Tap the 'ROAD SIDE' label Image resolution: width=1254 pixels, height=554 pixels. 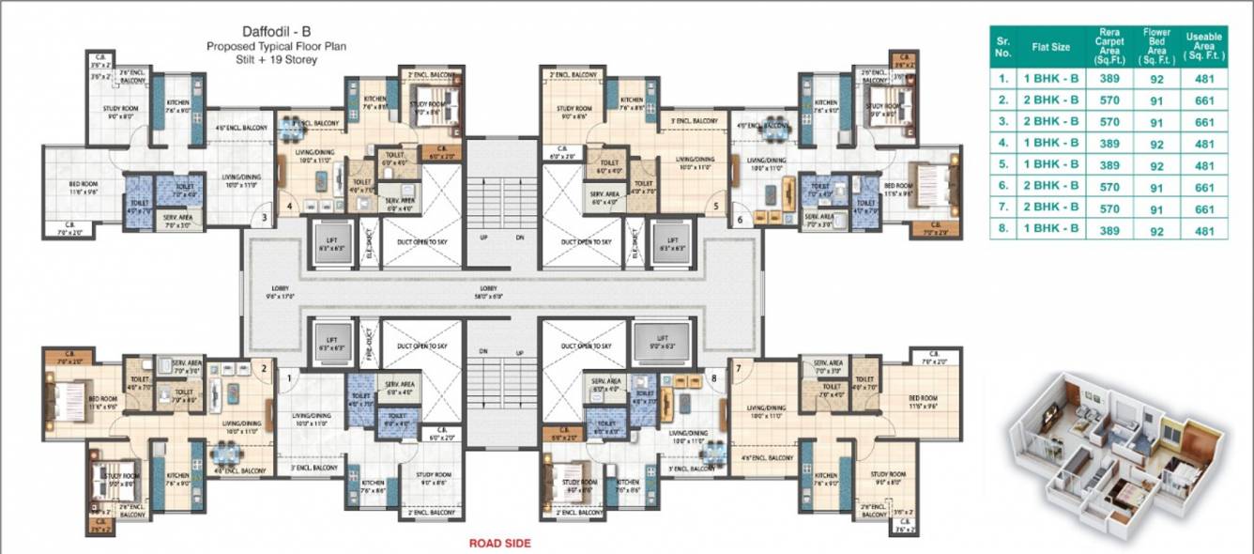pyautogui.click(x=500, y=543)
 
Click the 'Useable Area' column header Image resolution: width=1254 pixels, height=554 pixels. pyautogui.click(x=1205, y=45)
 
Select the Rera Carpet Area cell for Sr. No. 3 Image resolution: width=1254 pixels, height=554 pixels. pyautogui.click(x=1109, y=122)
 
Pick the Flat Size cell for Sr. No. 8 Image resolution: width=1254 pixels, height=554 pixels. pyautogui.click(x=1052, y=229)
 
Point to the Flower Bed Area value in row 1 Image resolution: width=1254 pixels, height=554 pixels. pyautogui.click(x=1156, y=79)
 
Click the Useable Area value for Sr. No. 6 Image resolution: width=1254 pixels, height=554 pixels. pyautogui.click(x=1205, y=186)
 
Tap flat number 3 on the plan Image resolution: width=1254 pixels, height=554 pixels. pyautogui.click(x=266, y=218)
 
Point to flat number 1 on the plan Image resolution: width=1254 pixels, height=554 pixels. pyautogui.click(x=288, y=377)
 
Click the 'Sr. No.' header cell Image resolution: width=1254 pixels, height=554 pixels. pyautogui.click(x=1003, y=45)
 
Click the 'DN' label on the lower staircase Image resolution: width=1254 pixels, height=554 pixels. pyautogui.click(x=484, y=352)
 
